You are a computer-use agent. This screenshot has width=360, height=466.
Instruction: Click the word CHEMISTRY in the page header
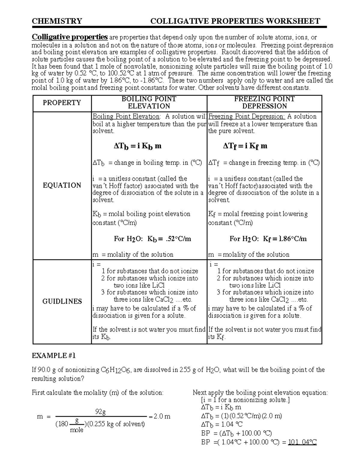tap(57, 21)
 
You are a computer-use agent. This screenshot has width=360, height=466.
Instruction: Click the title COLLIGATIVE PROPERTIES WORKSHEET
tap(235, 21)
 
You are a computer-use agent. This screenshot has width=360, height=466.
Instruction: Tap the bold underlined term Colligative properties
tap(70, 37)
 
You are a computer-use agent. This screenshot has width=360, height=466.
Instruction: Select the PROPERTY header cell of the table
tap(62, 103)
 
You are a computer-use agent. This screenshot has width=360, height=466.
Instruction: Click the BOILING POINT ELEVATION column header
tap(149, 102)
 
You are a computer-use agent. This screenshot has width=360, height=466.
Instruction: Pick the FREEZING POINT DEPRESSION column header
tap(264, 102)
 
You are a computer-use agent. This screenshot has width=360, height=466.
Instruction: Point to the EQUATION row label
tap(62, 185)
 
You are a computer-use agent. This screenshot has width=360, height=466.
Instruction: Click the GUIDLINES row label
tap(62, 301)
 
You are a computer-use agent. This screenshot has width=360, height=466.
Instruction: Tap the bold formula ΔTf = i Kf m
tap(245, 146)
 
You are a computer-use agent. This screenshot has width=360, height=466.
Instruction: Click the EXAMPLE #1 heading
tap(54, 356)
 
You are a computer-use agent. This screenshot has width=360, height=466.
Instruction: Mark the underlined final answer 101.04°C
tap(302, 442)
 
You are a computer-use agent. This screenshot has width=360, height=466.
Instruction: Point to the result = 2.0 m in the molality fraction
tap(159, 416)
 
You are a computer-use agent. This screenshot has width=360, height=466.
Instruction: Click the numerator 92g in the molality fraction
tap(100, 412)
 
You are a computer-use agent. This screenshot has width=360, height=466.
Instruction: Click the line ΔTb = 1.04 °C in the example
tap(222, 425)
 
